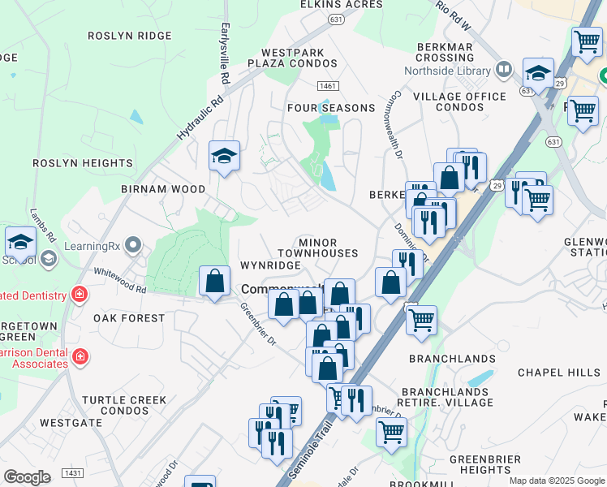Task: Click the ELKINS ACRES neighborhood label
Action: (x=341, y=5)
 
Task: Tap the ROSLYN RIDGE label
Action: (x=130, y=36)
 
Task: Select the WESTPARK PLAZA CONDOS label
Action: (x=286, y=58)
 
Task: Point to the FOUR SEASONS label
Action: (x=331, y=108)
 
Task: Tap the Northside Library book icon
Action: (x=504, y=69)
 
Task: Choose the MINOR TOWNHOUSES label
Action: (x=328, y=248)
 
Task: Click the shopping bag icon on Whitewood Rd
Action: (x=214, y=281)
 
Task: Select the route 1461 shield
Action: (x=328, y=86)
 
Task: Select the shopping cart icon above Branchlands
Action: (x=421, y=320)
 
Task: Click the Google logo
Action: (x=27, y=476)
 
